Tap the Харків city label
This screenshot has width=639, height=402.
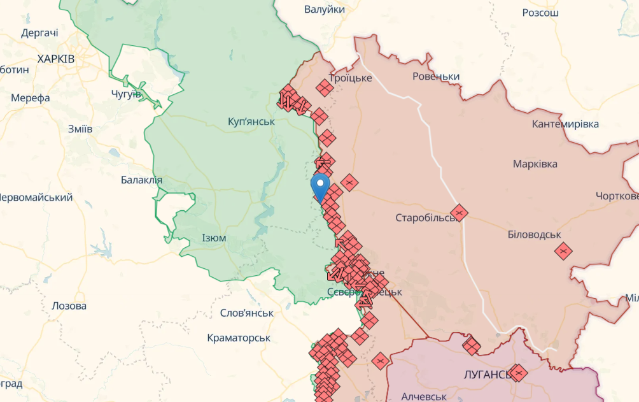click(56, 59)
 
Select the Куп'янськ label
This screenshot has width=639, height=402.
click(251, 121)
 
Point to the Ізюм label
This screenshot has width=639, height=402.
click(214, 238)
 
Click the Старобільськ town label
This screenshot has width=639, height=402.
click(426, 217)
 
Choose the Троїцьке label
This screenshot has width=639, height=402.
click(351, 78)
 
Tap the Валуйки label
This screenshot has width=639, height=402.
click(325, 10)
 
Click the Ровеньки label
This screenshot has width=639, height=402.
click(436, 77)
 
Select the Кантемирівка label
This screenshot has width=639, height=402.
click(565, 124)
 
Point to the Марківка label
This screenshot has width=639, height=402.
click(535, 164)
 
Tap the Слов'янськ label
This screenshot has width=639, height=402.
click(246, 313)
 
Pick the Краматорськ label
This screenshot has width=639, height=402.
click(239, 338)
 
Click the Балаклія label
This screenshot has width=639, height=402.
click(141, 180)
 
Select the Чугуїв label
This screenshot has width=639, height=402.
click(127, 94)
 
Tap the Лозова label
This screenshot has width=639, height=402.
click(69, 306)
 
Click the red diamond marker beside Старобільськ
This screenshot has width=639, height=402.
click(459, 212)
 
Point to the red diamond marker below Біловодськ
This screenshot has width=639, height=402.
click(563, 251)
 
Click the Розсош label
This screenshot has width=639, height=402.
click(540, 13)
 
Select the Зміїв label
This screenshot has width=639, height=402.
click(80, 129)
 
